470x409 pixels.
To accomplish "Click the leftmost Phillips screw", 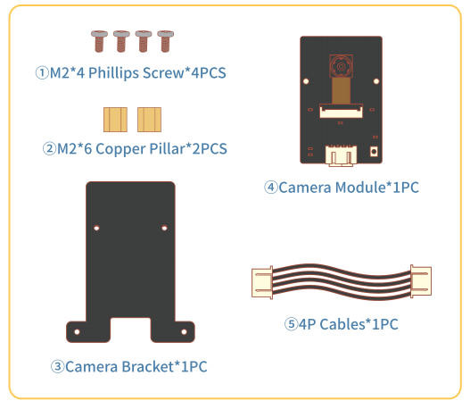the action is (x=99, y=41).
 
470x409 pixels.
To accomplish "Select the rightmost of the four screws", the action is (x=166, y=41).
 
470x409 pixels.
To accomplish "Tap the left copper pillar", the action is (x=115, y=120).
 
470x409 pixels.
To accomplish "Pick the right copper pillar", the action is (x=149, y=120).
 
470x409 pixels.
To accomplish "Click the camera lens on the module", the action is (x=341, y=66).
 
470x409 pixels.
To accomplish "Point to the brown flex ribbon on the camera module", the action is (x=341, y=91).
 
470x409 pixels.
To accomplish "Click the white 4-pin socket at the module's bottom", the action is (x=341, y=155).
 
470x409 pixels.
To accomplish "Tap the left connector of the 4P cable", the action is (x=262, y=283).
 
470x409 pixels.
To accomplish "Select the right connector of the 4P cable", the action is (x=421, y=281).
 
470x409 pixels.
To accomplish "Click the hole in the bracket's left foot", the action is (x=77, y=332).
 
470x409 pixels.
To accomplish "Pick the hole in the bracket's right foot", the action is (x=184, y=332).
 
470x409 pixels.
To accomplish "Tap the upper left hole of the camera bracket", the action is (x=96, y=228).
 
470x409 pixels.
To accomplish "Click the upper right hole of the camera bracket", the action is (x=164, y=228).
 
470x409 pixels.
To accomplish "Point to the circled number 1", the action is (x=42, y=73).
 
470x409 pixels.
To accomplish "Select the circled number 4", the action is (x=271, y=188).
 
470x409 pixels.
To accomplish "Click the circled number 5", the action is (x=291, y=324).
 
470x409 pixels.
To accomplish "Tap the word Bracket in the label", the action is (x=148, y=366).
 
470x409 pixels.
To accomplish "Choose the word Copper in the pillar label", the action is (x=120, y=149).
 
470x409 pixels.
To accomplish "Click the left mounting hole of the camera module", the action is (x=306, y=81).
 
